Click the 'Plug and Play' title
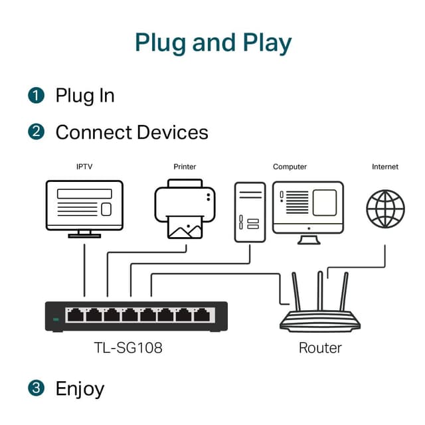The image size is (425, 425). [x=212, y=42]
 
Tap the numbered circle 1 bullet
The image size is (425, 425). [x=36, y=95]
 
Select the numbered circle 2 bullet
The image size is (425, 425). [x=36, y=131]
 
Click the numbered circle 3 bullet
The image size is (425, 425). [x=36, y=387]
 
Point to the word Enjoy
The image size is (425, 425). [x=80, y=388]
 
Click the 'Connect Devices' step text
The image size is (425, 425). [x=131, y=132]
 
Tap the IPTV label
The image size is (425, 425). [x=84, y=167]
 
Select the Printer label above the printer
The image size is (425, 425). [x=185, y=167]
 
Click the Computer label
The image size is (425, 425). [x=290, y=167]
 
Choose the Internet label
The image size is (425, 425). [x=385, y=167]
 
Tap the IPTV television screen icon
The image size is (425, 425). [x=84, y=206]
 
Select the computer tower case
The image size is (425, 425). [x=250, y=212]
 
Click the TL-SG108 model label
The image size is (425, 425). [x=127, y=347]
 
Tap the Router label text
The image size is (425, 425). [x=321, y=347]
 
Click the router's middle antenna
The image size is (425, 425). [x=320, y=292]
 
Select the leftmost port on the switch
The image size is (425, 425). [x=74, y=315]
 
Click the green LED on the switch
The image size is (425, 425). [x=56, y=319]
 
